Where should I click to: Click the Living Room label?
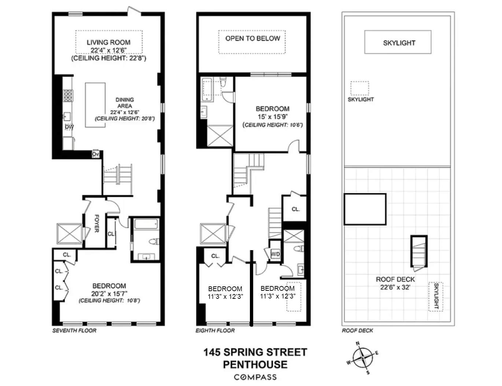click(108, 42)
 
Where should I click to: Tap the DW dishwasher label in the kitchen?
click(69, 127)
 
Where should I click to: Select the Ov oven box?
click(96, 155)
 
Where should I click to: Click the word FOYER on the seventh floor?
click(97, 223)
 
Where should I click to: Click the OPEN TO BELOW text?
click(252, 38)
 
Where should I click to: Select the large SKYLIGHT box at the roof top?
click(398, 42)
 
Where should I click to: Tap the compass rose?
click(362, 357)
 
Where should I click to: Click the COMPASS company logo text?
click(255, 377)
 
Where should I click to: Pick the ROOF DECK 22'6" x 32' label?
click(395, 283)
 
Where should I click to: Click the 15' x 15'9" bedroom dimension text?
click(272, 117)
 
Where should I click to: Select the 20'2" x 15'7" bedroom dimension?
click(109, 293)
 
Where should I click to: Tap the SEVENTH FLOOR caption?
click(74, 331)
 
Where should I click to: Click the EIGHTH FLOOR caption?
click(215, 331)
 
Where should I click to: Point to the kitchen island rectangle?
click(95, 105)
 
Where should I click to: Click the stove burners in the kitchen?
click(68, 96)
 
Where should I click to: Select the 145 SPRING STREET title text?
click(255, 352)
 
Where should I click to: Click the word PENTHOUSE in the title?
click(255, 365)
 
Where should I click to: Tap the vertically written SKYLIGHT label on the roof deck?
click(436, 296)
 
